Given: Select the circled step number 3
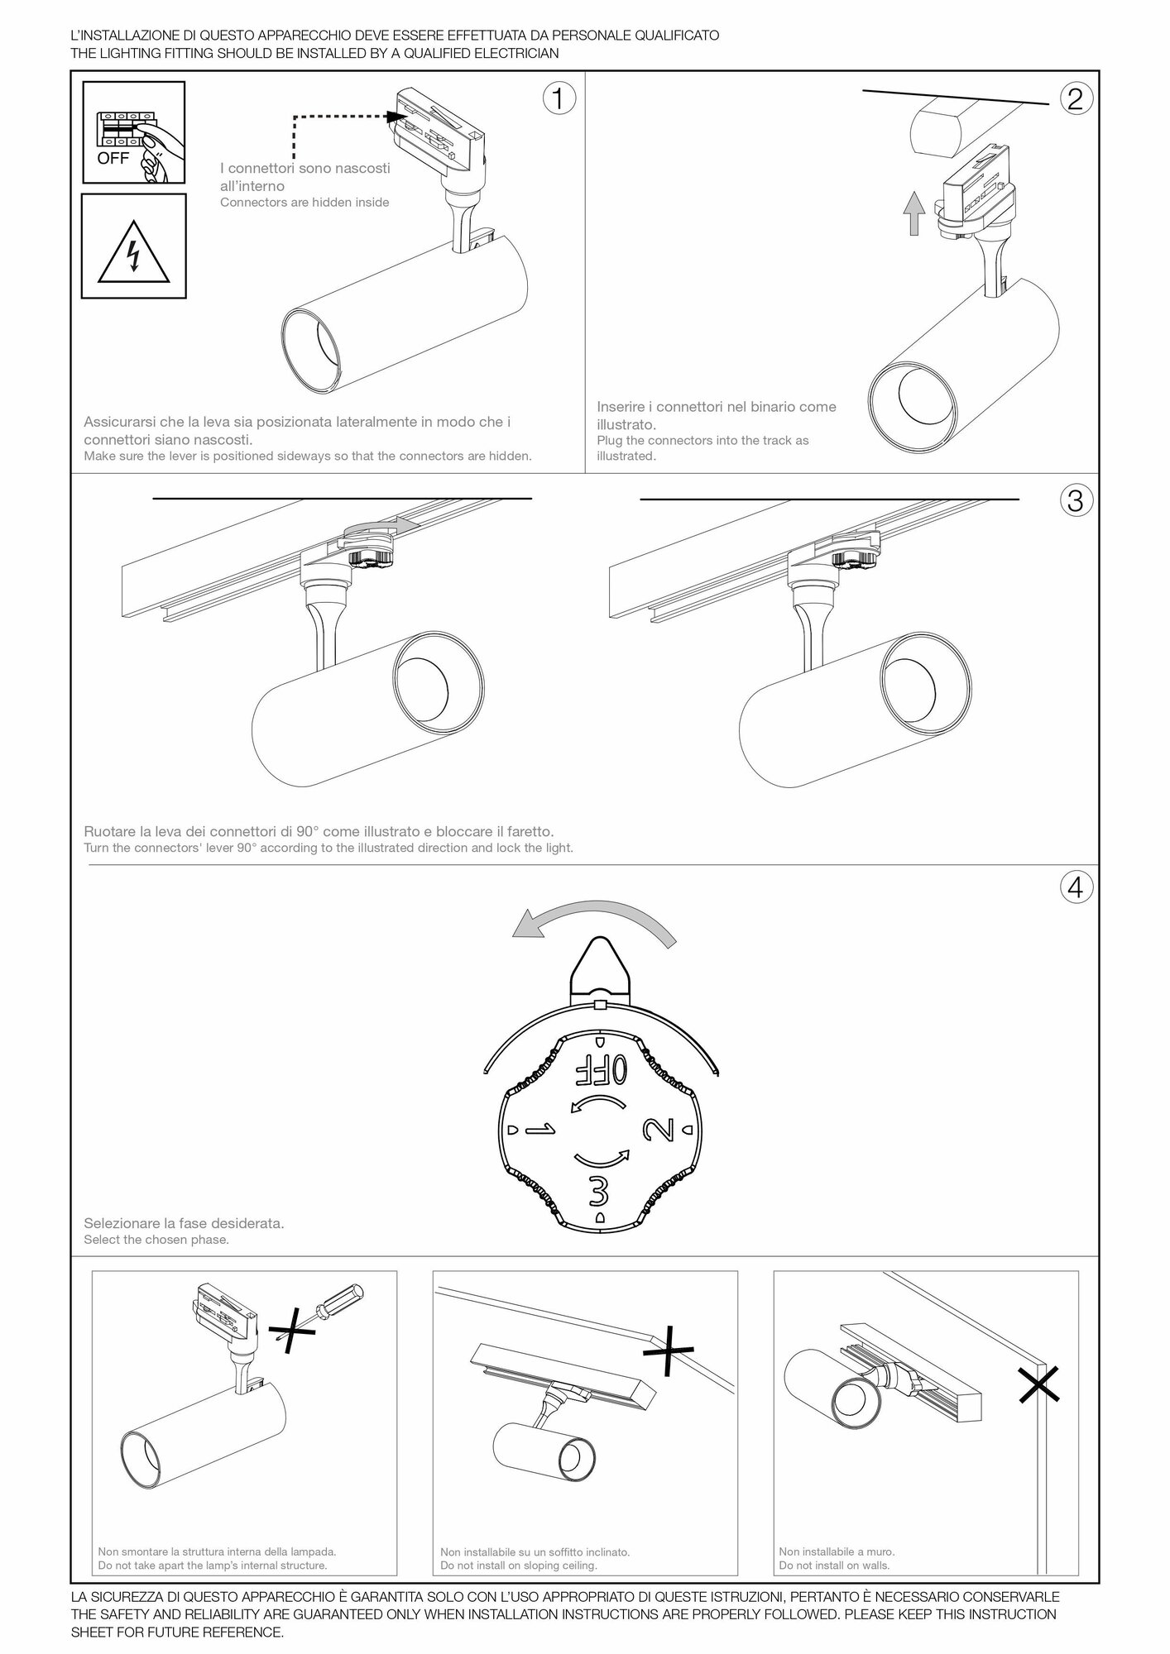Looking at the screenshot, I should [1074, 500].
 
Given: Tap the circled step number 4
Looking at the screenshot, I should [1074, 887].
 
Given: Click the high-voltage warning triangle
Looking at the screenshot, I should [134, 251].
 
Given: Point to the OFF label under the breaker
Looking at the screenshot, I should [113, 159].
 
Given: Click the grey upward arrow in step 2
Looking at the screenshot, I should [913, 213].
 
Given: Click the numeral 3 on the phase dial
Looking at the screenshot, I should [599, 1191].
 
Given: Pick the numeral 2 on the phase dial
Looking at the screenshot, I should [659, 1130].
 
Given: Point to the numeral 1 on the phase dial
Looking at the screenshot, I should [539, 1130].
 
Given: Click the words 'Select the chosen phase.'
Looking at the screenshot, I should [156, 1240].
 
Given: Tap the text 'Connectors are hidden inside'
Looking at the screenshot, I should [304, 203].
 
